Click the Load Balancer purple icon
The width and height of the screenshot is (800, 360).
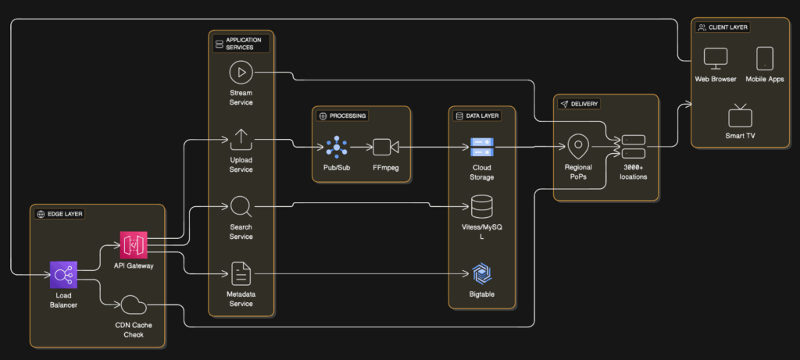[x=62, y=274]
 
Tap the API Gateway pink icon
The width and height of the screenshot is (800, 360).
[x=134, y=244]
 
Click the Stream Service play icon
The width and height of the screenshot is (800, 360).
[x=241, y=73]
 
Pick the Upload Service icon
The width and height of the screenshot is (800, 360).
[x=241, y=140]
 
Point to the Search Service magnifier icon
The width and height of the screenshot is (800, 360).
[x=241, y=207]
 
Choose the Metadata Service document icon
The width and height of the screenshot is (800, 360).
[x=241, y=273]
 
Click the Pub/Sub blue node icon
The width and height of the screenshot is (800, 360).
[x=337, y=146]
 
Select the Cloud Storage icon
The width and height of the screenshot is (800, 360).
[x=481, y=146]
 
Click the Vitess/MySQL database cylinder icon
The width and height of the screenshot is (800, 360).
[x=481, y=207]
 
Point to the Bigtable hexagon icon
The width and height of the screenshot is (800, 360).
[x=481, y=273]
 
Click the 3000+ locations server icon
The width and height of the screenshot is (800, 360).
[x=634, y=146]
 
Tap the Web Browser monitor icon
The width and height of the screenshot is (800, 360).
[x=716, y=59]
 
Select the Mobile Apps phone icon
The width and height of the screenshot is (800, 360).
[x=765, y=59]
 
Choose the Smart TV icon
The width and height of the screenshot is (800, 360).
[x=739, y=116]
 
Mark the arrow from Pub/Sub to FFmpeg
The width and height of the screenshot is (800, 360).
[x=361, y=147]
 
